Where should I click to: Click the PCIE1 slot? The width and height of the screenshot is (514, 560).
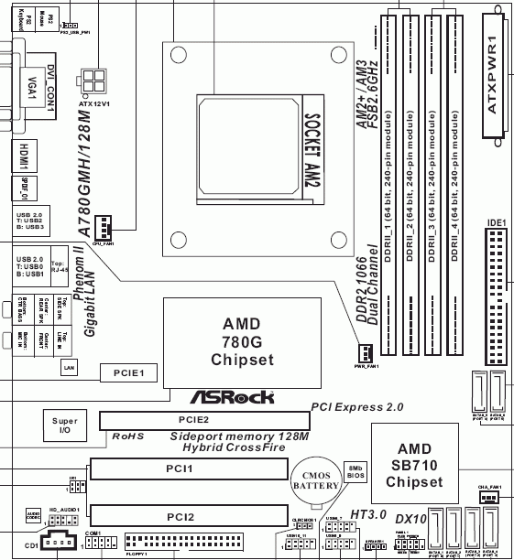coord(135,372)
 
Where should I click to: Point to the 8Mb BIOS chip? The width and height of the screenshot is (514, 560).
coord(356,473)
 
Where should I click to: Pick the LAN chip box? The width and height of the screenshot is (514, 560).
coord(68,366)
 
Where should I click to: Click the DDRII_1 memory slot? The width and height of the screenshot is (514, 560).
coord(387,183)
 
